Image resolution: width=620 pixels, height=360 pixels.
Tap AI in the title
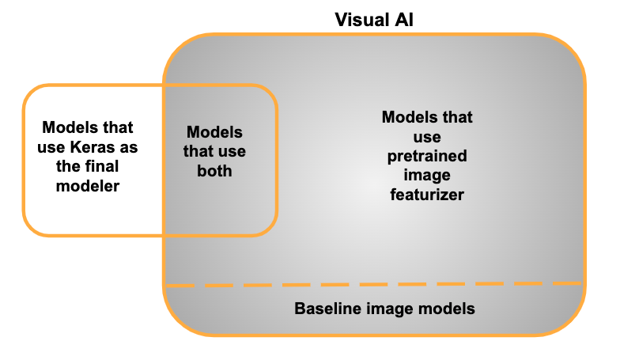coord(401,20)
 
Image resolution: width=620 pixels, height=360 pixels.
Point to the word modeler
coord(87,187)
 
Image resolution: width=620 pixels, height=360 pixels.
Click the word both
coord(214,171)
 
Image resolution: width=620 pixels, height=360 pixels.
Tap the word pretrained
coord(427,156)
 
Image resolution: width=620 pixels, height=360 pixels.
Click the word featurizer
coord(427,195)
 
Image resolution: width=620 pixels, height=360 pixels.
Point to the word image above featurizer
coord(427,176)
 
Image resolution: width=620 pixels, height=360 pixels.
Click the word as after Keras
coord(127,147)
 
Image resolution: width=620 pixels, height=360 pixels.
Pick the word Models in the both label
coord(214,132)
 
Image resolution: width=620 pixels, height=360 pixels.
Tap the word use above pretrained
coord(427,137)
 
